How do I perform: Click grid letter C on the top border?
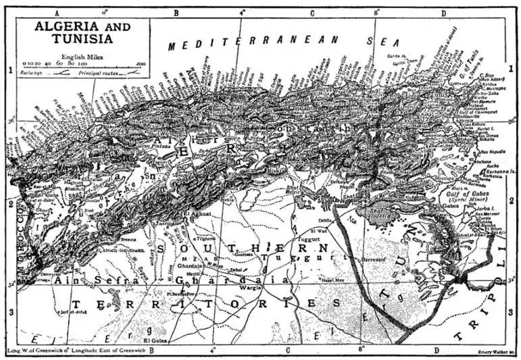(x=312, y=12)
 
